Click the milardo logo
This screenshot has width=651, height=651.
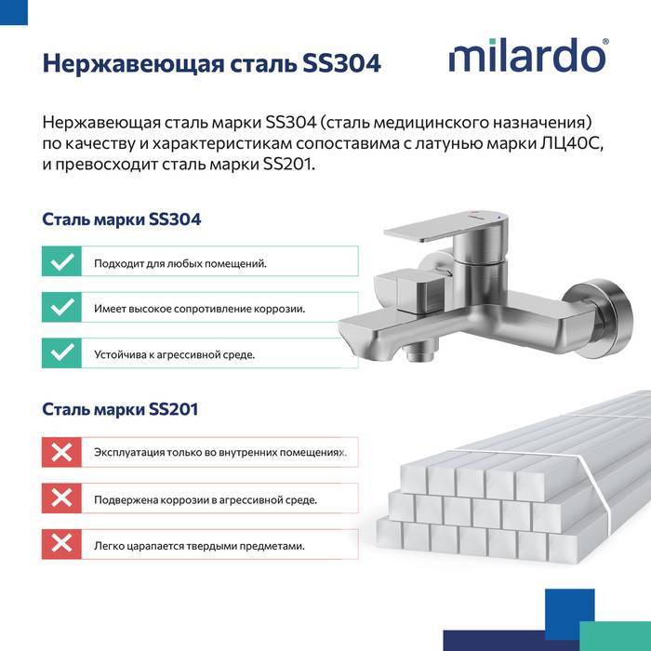(x=528, y=55)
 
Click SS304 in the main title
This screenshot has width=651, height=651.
(x=341, y=63)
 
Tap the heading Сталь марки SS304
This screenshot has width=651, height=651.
(x=121, y=219)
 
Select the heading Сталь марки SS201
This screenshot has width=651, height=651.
(x=120, y=409)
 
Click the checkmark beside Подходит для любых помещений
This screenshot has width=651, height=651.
(x=62, y=261)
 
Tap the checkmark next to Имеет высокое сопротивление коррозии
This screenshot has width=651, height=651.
(x=62, y=307)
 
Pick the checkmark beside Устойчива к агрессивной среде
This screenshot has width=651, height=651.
(x=62, y=352)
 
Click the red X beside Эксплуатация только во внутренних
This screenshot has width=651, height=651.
(x=62, y=452)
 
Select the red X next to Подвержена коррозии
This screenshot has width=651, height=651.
(x=62, y=498)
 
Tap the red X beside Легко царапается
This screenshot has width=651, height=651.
(x=62, y=544)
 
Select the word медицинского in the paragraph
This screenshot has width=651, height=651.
(x=432, y=123)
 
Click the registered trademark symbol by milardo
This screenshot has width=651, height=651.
(x=605, y=42)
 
